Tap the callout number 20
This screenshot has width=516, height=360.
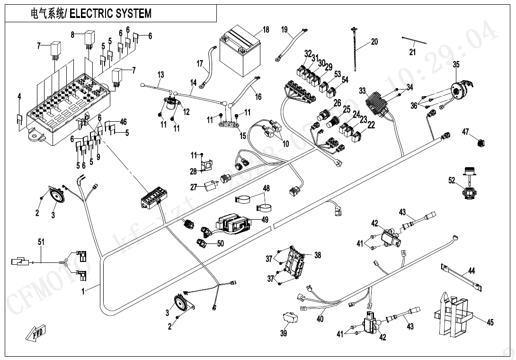pos(374,42)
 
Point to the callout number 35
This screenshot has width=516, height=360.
pos(456,64)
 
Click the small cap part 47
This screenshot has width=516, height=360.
pos(480,141)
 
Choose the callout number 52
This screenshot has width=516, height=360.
pos(452,180)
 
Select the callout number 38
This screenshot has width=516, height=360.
pos(317,255)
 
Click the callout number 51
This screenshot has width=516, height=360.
pos(41,242)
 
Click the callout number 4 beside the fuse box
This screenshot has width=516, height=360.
pos(19,97)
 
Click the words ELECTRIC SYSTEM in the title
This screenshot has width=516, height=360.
pos(111,13)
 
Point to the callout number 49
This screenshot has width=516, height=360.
pos(265,219)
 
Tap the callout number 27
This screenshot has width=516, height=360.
pos(194,188)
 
